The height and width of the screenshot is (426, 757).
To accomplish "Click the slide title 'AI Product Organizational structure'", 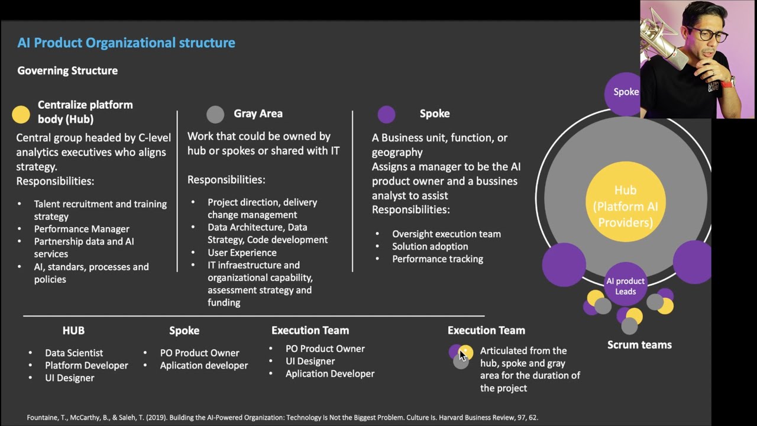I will pos(126,43).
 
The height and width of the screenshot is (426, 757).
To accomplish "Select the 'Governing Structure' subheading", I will pos(67,70).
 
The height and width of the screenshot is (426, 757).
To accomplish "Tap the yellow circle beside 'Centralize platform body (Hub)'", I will pos(21,115).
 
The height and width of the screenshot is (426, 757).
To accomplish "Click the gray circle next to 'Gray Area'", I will pos(215,114).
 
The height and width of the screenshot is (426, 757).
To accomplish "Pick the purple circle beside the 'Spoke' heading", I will pos(386,114).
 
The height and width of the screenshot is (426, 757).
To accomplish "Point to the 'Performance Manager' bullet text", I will pos(82,229).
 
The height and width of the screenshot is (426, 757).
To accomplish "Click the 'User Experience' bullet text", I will pos(242,253).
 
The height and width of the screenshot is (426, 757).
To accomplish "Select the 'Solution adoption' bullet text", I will pos(430,246).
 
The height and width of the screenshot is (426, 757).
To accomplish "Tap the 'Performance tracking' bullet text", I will pos(438,259).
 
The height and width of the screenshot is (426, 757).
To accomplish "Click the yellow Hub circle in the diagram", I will pos(625,206).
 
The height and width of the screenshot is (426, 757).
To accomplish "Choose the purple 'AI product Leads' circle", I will pos(625,285).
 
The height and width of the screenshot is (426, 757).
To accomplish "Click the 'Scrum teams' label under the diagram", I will pos(639,345).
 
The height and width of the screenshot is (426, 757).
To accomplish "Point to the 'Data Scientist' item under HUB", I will pos(74,353).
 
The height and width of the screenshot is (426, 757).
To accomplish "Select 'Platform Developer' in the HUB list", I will pos(86,366).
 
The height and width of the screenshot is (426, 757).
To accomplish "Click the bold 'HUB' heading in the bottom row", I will pos(73,331).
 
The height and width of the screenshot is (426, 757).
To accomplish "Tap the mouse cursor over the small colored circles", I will pos(462,355).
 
